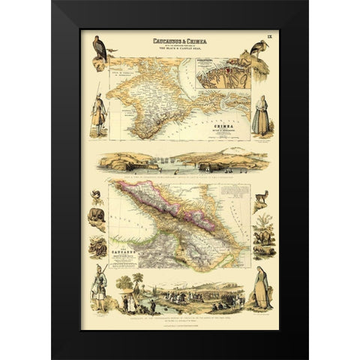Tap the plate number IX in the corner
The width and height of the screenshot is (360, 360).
(x=271, y=35)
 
